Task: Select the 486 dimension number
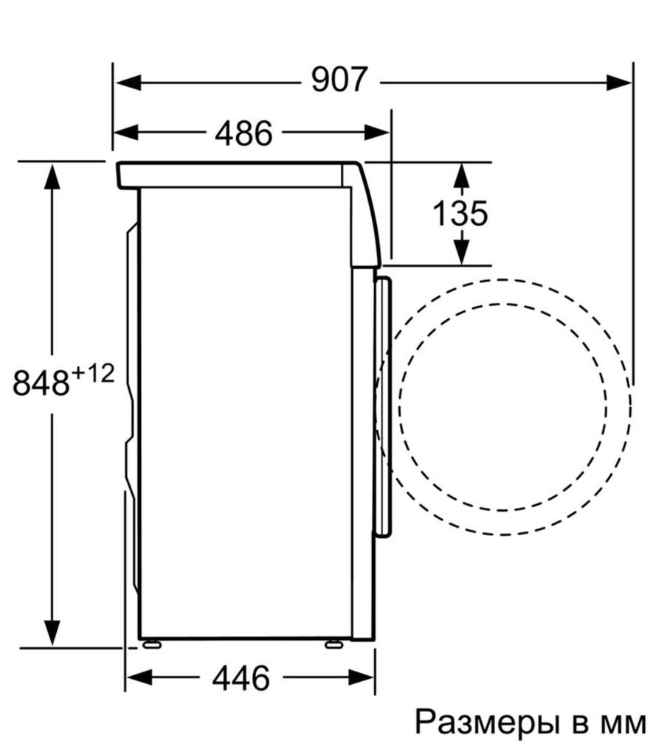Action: pyautogui.click(x=244, y=133)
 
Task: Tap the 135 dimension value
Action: pyautogui.click(x=460, y=214)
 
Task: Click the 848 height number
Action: pyautogui.click(x=41, y=384)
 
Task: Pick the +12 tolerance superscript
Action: pyautogui.click(x=94, y=374)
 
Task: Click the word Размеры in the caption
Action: pyautogui.click(x=488, y=722)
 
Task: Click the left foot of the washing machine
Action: pyautogui.click(x=151, y=644)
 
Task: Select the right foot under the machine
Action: pyautogui.click(x=333, y=644)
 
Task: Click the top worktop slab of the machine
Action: pyautogui.click(x=229, y=175)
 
